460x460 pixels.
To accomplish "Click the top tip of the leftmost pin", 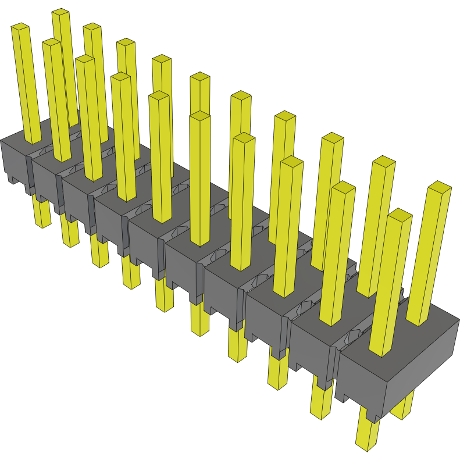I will point(20,27).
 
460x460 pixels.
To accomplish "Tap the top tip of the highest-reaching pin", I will point(60,12).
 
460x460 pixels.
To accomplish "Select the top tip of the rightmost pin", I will point(440,186).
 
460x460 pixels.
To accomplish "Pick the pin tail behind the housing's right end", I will point(403,408).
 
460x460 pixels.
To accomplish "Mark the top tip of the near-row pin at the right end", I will point(400,213).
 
